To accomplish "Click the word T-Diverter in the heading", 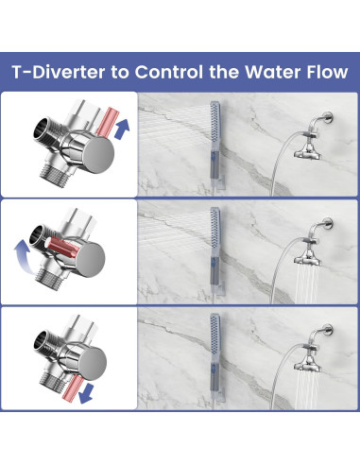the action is (x=59, y=72).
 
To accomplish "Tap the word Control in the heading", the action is (x=169, y=72).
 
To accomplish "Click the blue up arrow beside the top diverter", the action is (x=122, y=129).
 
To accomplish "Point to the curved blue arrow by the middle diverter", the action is (x=23, y=255).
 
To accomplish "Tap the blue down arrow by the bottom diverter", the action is (x=86, y=393).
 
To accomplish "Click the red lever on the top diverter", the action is (x=107, y=122).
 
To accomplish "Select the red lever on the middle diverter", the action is (x=61, y=247).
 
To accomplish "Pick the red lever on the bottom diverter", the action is (x=73, y=388).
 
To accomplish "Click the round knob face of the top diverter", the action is (x=99, y=155).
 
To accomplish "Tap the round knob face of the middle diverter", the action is (x=91, y=260).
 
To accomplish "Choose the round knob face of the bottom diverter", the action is (x=93, y=366).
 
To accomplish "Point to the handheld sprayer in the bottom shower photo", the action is (x=215, y=358).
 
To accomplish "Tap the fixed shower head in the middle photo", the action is (x=307, y=259).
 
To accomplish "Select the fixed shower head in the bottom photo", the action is (x=307, y=366).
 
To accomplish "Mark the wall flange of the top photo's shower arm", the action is (x=330, y=118).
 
